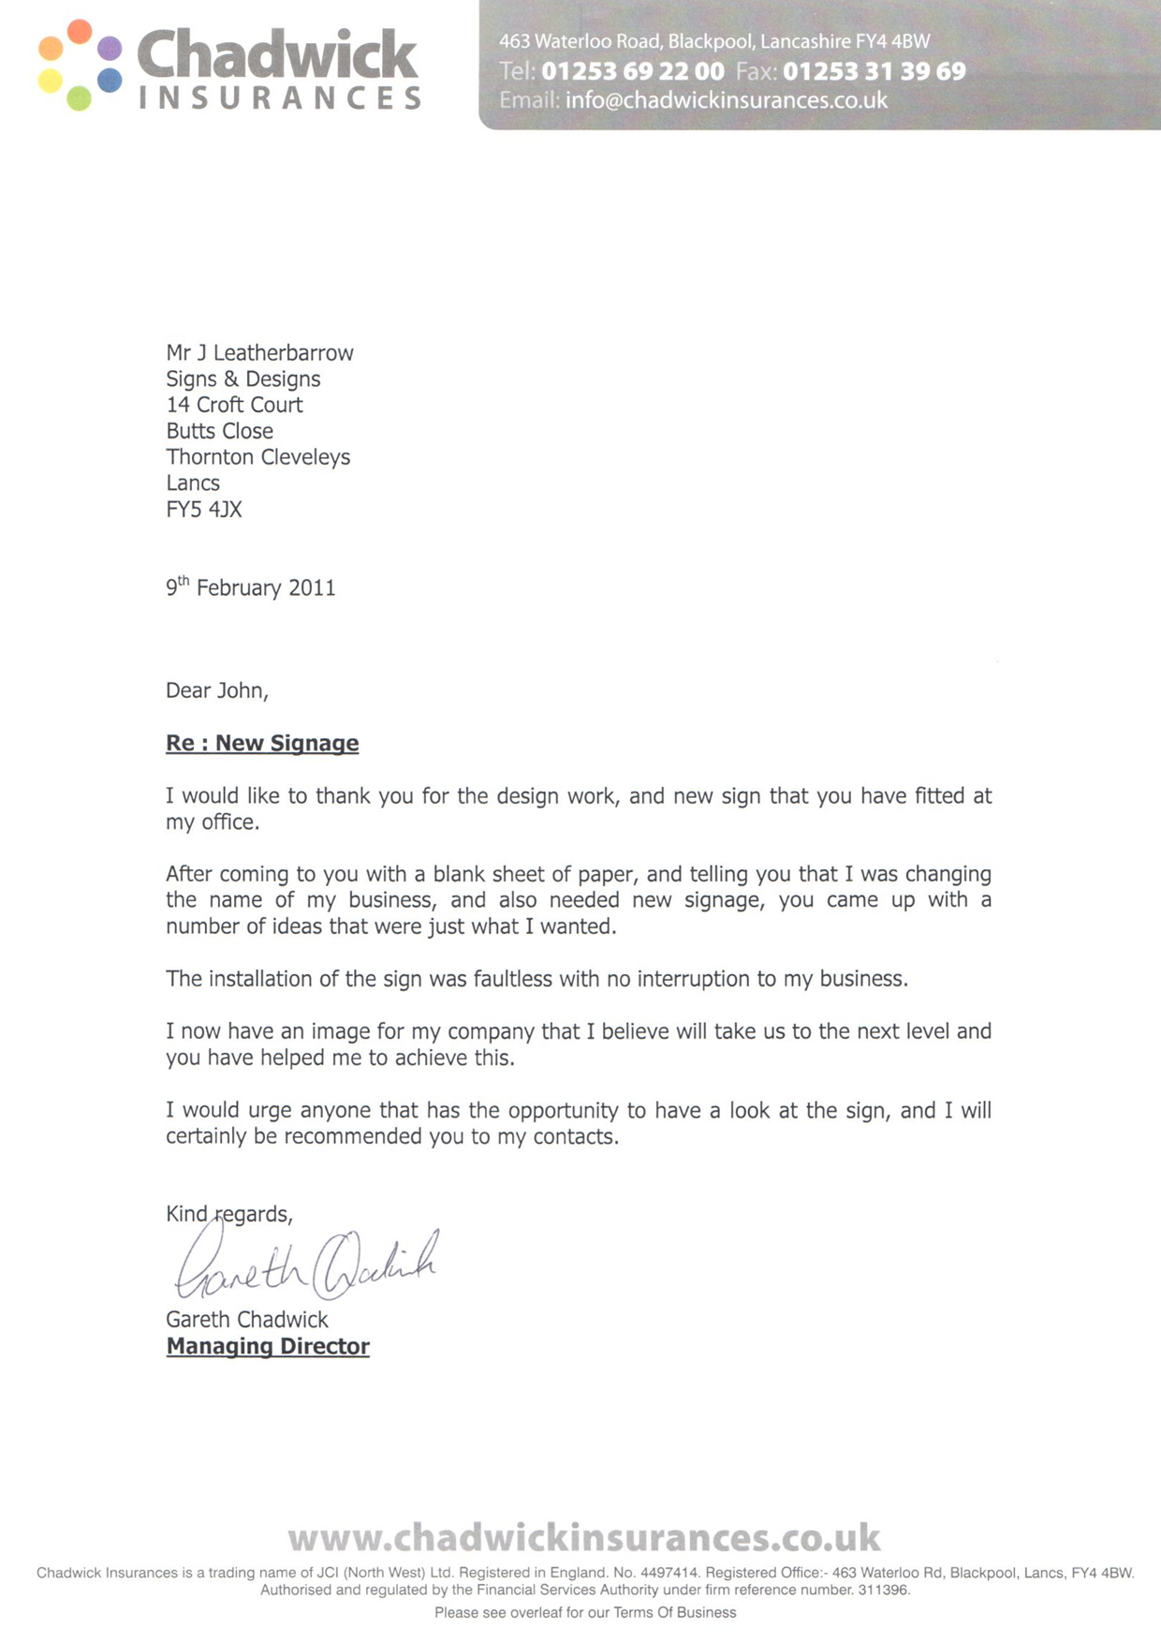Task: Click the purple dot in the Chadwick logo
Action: tap(110, 48)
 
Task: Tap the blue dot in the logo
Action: tap(110, 80)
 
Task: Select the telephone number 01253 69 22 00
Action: tap(633, 71)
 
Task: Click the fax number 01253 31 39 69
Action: tap(874, 71)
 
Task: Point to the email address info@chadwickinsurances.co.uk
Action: tap(727, 100)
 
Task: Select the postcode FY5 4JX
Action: tap(204, 510)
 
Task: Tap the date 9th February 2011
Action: tap(251, 587)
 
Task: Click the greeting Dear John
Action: tap(216, 690)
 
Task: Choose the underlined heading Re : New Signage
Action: tap(262, 743)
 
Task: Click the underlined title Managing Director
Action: tap(268, 1346)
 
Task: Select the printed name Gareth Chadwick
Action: tap(247, 1319)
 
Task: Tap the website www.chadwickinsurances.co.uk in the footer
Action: tap(584, 1537)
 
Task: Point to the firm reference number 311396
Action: tap(883, 1590)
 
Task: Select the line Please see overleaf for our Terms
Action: tap(585, 1612)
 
